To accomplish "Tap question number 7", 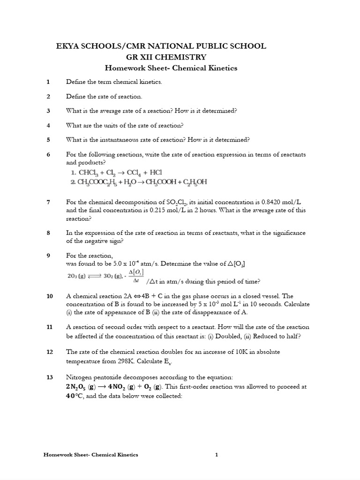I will pos(48,202).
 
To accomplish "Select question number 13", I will pos(50,377).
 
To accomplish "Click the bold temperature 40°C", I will pos(76,396).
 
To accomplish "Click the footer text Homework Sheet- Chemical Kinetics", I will pos(90,454).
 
